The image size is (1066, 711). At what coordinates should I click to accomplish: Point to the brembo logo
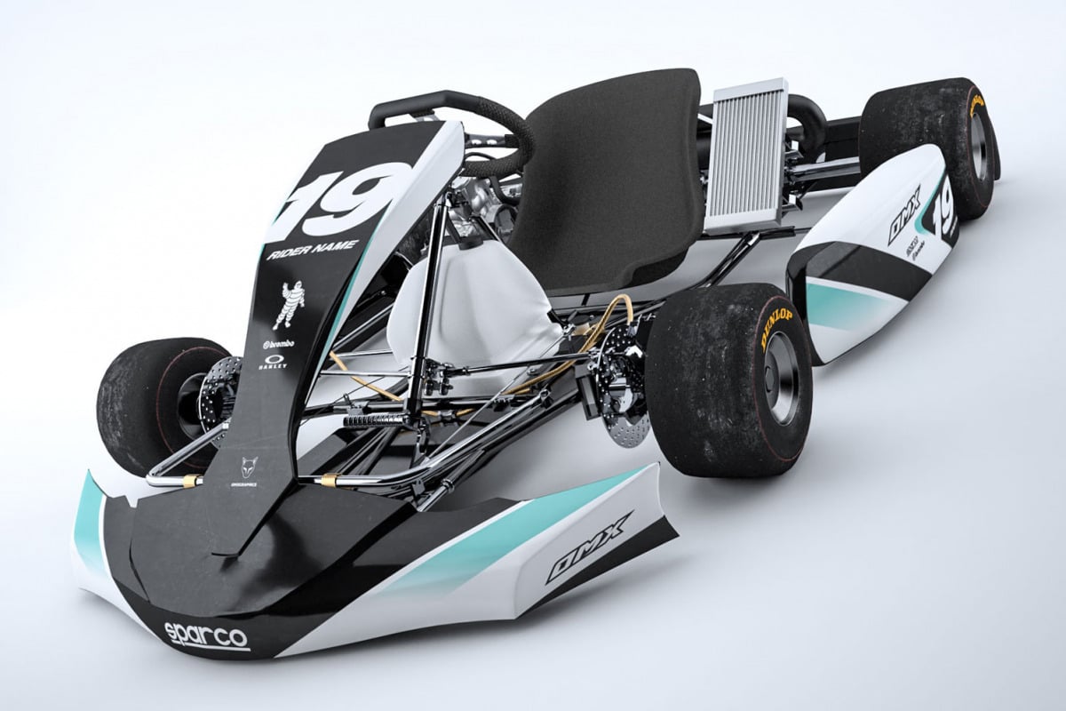tap(282, 344)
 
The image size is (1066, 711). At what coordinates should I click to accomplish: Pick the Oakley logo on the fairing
tap(272, 363)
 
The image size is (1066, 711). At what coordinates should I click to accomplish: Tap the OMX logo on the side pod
tap(904, 215)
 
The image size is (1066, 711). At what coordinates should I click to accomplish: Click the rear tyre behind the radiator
tap(933, 142)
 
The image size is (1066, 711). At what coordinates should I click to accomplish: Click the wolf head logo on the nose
tap(249, 466)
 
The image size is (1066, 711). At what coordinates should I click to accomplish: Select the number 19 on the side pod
tap(943, 204)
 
